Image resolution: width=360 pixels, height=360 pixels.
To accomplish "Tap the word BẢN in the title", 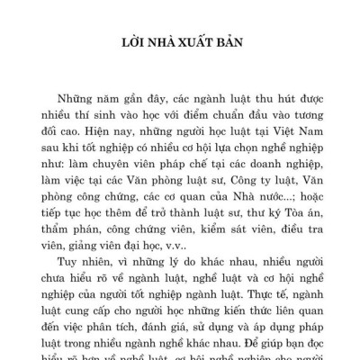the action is (x=236, y=41).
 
